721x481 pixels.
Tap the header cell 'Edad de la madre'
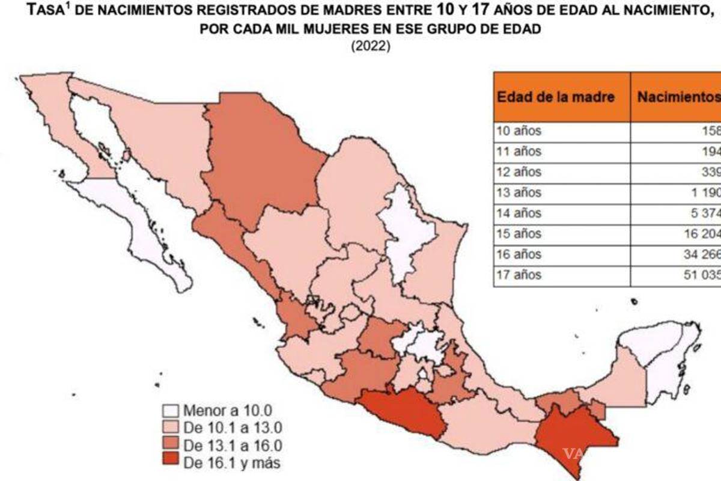coord(555,97)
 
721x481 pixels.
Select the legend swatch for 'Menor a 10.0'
coord(171,411)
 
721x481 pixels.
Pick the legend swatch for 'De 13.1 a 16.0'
coord(171,446)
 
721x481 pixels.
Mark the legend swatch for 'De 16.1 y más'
coord(171,463)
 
